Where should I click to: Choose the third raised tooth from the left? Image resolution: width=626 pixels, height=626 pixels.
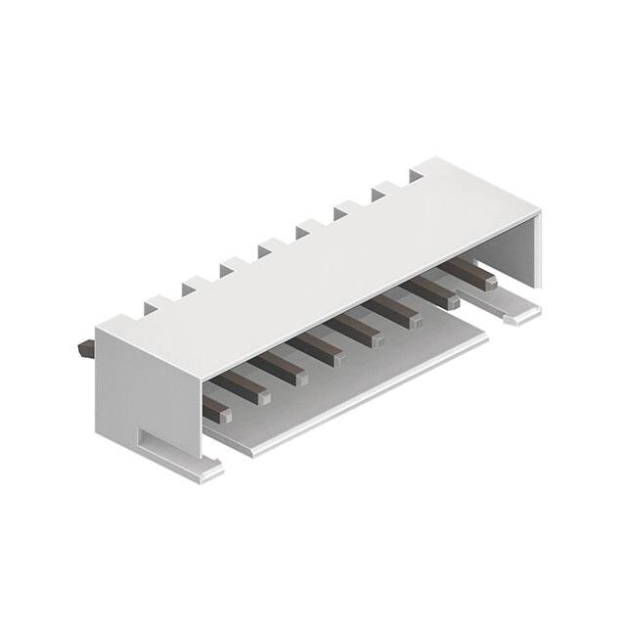[x=231, y=266]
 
